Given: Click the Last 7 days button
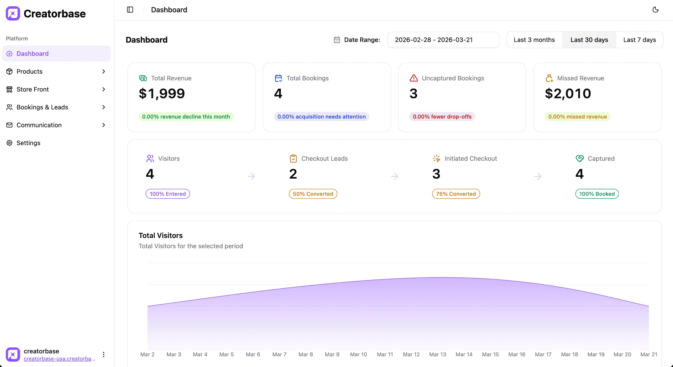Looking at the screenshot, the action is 639,40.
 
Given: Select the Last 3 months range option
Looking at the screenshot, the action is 534,40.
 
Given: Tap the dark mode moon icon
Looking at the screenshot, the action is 655,10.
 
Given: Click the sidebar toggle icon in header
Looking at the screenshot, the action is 130,10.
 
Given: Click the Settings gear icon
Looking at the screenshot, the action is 9,143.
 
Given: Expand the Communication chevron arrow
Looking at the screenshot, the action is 104,125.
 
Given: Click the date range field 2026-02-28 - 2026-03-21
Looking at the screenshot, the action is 443,40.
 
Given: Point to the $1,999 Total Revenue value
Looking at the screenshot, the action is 162,94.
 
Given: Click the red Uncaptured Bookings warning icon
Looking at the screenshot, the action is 414,78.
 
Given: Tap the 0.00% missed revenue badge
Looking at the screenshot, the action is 577,117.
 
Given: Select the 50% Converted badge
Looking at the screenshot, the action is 313,194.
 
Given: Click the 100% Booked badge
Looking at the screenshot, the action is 597,194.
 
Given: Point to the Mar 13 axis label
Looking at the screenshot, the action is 438,354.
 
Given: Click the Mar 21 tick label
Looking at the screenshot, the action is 649,354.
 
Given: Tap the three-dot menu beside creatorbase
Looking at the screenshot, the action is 104,354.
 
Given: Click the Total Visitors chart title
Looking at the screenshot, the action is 161,236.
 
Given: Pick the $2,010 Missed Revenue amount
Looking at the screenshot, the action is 568,94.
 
